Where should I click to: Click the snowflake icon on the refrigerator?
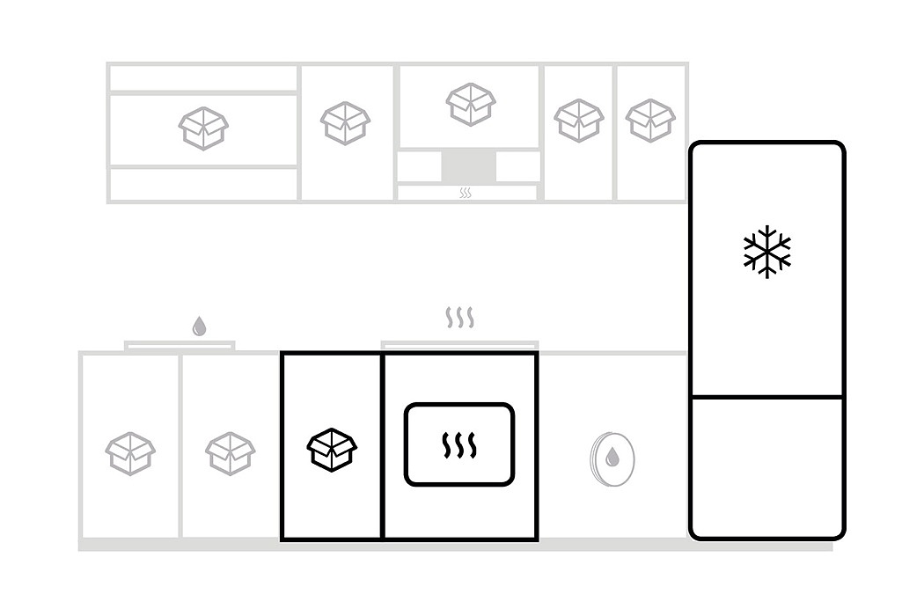pyautogui.click(x=766, y=252)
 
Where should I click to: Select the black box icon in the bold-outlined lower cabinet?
pyautogui.click(x=332, y=449)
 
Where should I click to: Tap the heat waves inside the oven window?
pyautogui.click(x=458, y=445)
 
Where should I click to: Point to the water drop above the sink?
pyautogui.click(x=199, y=326)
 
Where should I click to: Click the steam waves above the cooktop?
pyautogui.click(x=459, y=318)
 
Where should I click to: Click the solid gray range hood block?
pyautogui.click(x=468, y=165)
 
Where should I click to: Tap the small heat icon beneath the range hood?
pyautogui.click(x=465, y=193)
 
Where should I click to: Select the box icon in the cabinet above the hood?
pyautogui.click(x=471, y=104)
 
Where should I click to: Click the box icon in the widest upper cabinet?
pyautogui.click(x=203, y=128)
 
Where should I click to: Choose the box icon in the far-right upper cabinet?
pyautogui.click(x=650, y=121)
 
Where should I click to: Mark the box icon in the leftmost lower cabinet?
pyautogui.click(x=130, y=453)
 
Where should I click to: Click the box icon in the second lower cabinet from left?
pyautogui.click(x=231, y=453)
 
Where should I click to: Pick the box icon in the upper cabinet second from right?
pyautogui.click(x=579, y=121)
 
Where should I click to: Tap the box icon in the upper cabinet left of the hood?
pyautogui.click(x=346, y=122)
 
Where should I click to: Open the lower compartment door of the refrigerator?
pyautogui.click(x=766, y=466)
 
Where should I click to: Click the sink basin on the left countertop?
pyautogui.click(x=180, y=346)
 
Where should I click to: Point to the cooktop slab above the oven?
pyautogui.click(x=459, y=344)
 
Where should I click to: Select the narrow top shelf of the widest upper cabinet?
pyautogui.click(x=203, y=78)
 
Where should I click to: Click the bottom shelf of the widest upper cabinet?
pyautogui.click(x=203, y=184)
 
